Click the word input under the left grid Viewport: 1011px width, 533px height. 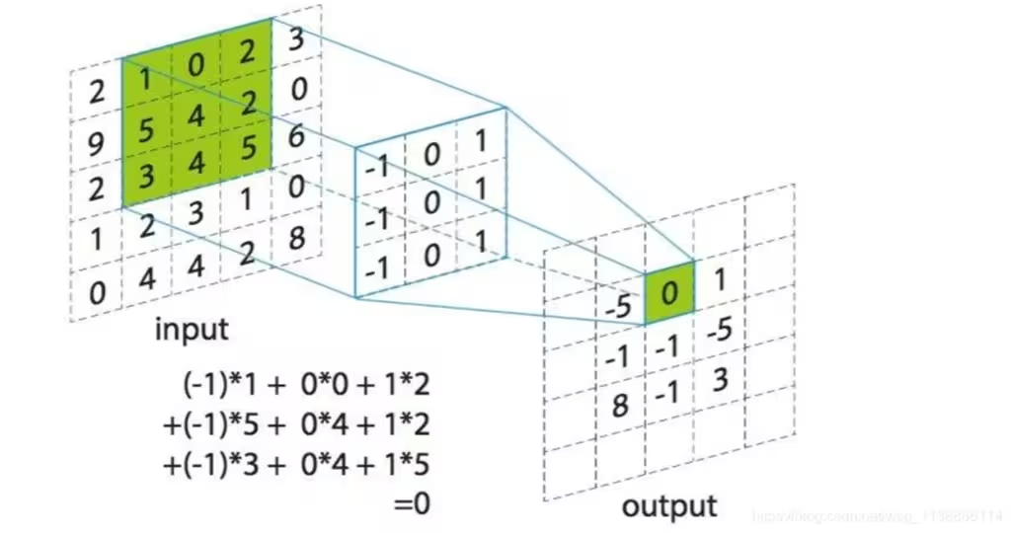(x=192, y=329)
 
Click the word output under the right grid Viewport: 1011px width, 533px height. (x=668, y=506)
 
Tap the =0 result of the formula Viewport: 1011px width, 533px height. (x=412, y=504)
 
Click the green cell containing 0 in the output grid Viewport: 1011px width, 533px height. (x=669, y=292)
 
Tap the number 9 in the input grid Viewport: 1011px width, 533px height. (x=97, y=145)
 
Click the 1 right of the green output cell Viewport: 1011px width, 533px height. (x=719, y=281)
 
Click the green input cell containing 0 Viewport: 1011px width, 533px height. (x=195, y=64)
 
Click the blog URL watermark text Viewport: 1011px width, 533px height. (x=878, y=515)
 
